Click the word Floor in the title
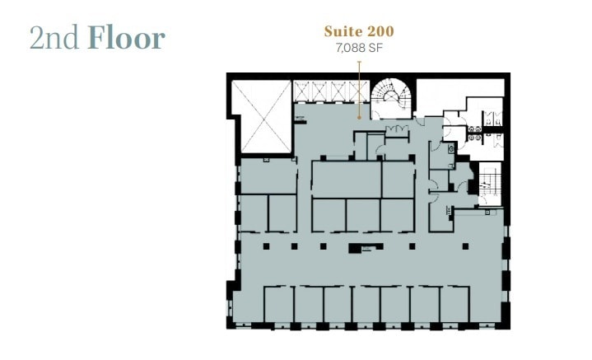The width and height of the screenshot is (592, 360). [127, 38]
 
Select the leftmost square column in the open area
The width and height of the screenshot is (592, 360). [266, 245]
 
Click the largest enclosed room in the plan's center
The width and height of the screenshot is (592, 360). [346, 178]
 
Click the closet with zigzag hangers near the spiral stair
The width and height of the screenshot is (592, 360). [398, 130]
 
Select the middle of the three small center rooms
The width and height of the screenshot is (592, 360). [362, 214]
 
